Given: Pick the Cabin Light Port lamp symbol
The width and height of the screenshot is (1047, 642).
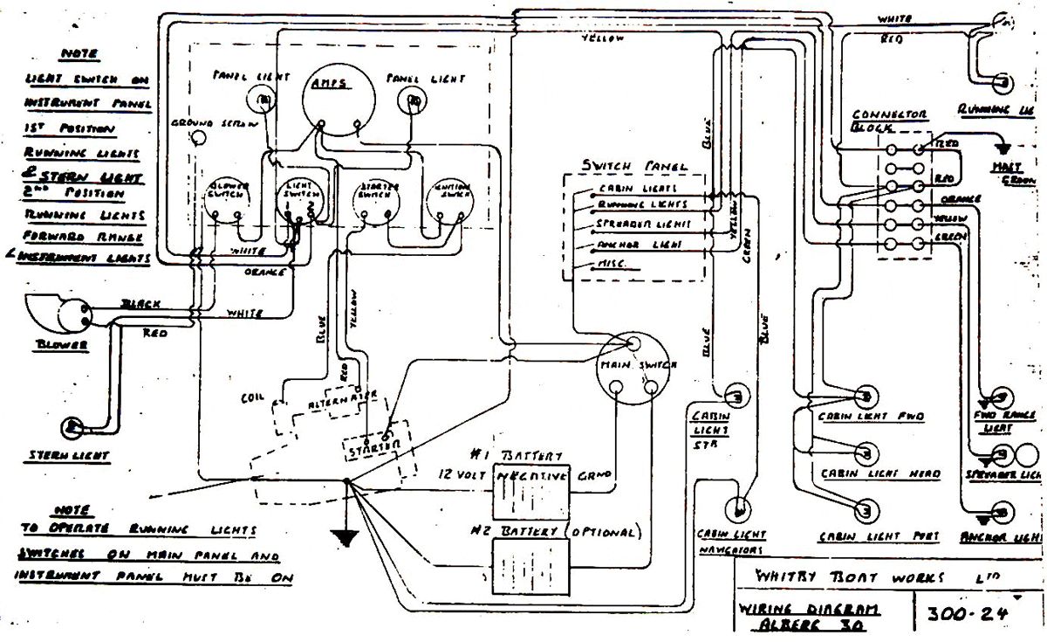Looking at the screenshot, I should tap(864, 510).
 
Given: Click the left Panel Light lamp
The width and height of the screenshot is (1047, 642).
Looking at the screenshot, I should tap(260, 100).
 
